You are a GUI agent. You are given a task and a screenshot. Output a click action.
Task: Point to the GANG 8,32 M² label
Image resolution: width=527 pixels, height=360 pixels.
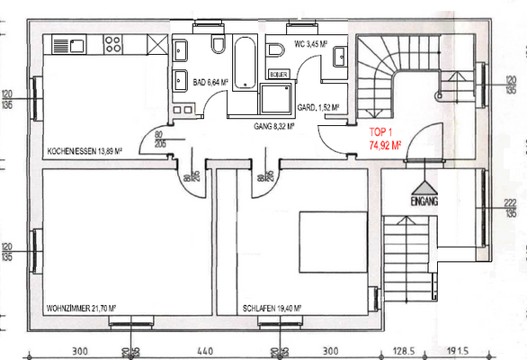pos(276,127)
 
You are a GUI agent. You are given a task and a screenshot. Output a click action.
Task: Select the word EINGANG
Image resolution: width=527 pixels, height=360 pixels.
pos(422,202)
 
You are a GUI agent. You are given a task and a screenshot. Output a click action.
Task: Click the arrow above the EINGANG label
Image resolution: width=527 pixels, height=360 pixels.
pos(422,186)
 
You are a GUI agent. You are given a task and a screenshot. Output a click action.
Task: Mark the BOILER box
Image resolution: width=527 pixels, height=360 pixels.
pos(278,75)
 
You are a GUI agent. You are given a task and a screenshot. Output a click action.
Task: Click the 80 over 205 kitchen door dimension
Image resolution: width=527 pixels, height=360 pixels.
pos(161,138)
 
